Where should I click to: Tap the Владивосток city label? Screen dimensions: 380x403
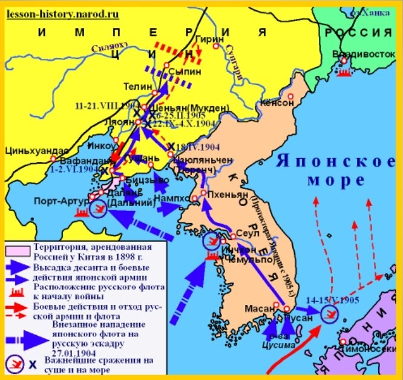pyautogui.click(x=363, y=53)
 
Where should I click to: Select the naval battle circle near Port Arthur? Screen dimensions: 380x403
pyautogui.click(x=97, y=209)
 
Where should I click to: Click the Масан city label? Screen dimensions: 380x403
pyautogui.click(x=257, y=308)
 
